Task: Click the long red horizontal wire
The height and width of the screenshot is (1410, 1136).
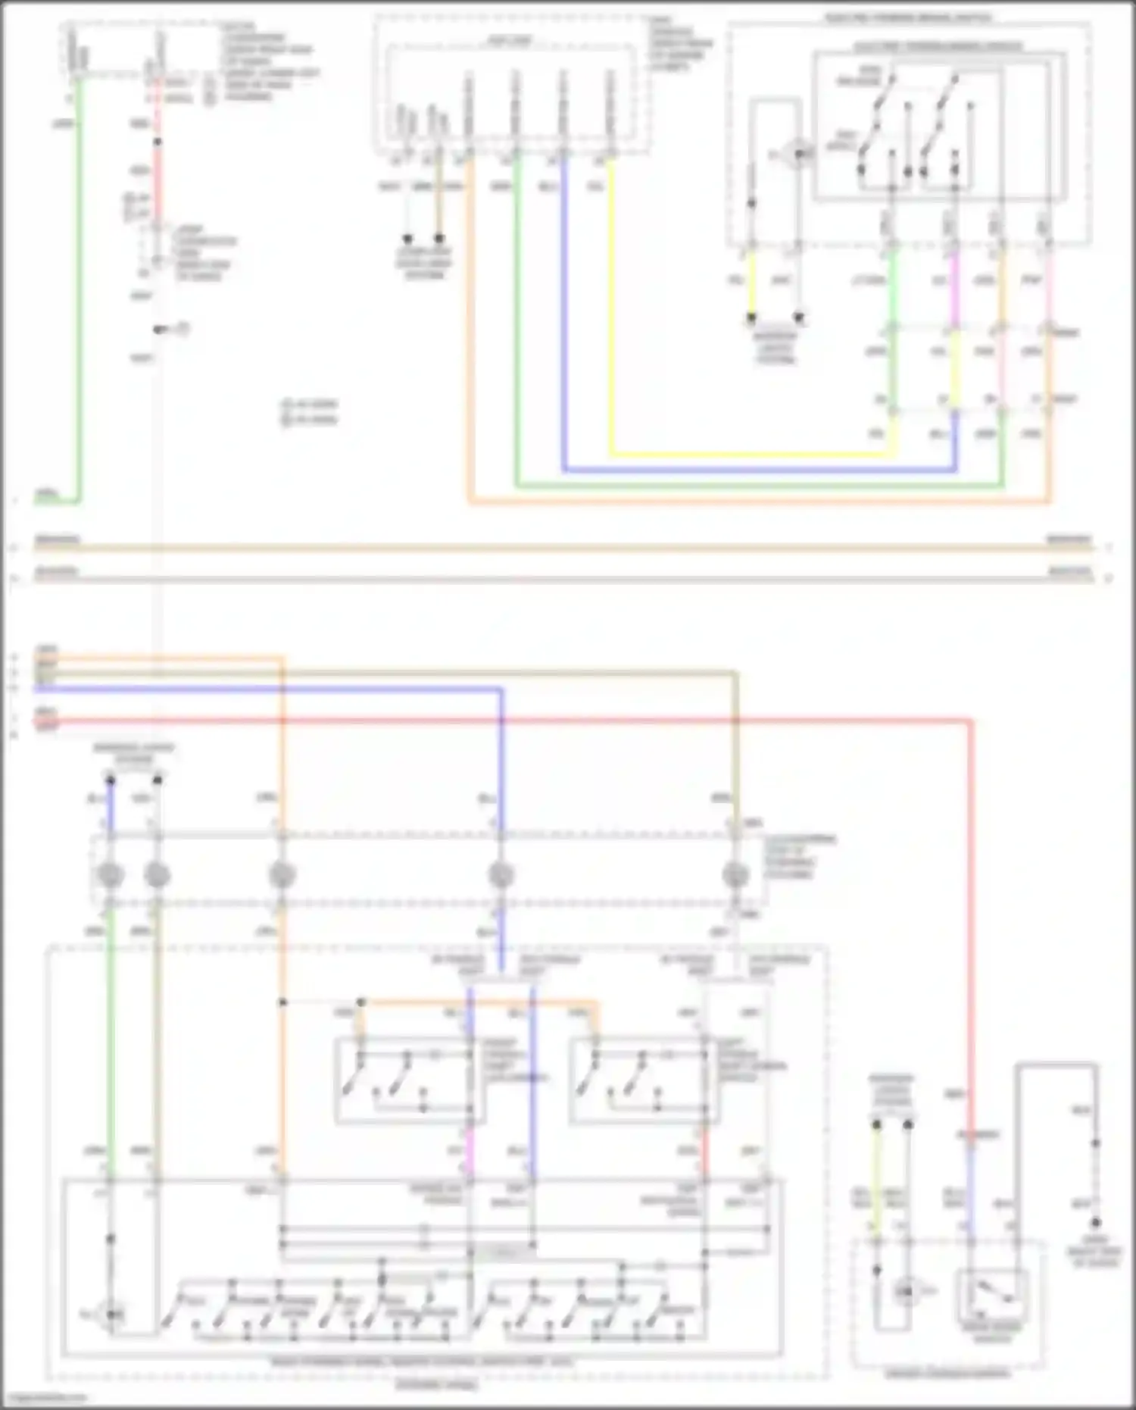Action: [530, 720]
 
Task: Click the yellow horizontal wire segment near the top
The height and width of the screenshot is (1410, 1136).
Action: [750, 455]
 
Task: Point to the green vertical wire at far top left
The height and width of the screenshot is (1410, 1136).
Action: [78, 303]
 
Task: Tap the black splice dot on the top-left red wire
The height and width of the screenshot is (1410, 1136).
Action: [158, 142]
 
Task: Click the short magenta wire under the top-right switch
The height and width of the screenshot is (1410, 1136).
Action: [953, 280]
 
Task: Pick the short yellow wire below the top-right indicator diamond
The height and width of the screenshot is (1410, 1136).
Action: [752, 280]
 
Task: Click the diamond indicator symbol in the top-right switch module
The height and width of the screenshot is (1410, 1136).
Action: [797, 155]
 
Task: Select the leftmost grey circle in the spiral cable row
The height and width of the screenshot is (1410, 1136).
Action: [111, 875]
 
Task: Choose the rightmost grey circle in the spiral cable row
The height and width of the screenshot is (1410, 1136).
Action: [735, 875]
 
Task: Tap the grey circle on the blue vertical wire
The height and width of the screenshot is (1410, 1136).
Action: [501, 875]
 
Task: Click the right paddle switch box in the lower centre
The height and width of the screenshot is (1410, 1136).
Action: [644, 1080]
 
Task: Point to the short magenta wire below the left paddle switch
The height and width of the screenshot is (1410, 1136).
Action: [470, 1152]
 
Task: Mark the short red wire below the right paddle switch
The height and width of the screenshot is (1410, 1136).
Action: [704, 1152]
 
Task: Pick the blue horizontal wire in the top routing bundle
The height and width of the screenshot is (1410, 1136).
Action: [757, 470]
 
